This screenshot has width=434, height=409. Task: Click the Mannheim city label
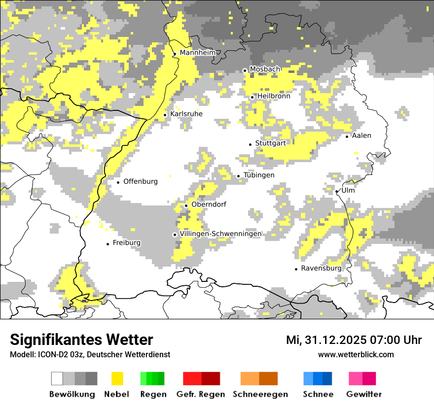tap(198, 53)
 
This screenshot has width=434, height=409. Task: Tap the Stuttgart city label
tap(271, 143)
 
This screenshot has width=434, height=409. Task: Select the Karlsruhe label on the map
tap(186, 114)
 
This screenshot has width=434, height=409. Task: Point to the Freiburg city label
tap(127, 243)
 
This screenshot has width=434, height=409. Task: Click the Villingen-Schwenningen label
tap(221, 234)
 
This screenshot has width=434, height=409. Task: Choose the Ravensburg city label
tap(321, 269)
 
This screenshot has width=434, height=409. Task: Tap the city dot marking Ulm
tap(336, 191)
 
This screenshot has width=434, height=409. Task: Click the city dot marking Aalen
tap(347, 136)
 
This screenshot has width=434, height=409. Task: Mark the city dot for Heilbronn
tap(252, 97)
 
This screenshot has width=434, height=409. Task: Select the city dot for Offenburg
tap(118, 182)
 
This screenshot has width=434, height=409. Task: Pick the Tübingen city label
tap(259, 175)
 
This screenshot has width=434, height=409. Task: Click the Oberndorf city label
tap(209, 204)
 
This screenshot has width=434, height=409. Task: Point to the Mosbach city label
tap(265, 69)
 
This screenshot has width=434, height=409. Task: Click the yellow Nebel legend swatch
tap(117, 378)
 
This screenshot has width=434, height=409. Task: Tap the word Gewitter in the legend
tap(364, 394)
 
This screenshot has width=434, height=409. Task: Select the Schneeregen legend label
tap(260, 394)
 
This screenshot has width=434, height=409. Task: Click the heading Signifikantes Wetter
tap(81, 340)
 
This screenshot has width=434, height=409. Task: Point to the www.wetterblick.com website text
tap(356, 354)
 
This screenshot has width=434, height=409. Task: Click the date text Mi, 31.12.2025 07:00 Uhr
tap(354, 340)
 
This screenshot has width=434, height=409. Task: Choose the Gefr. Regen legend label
tap(201, 394)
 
